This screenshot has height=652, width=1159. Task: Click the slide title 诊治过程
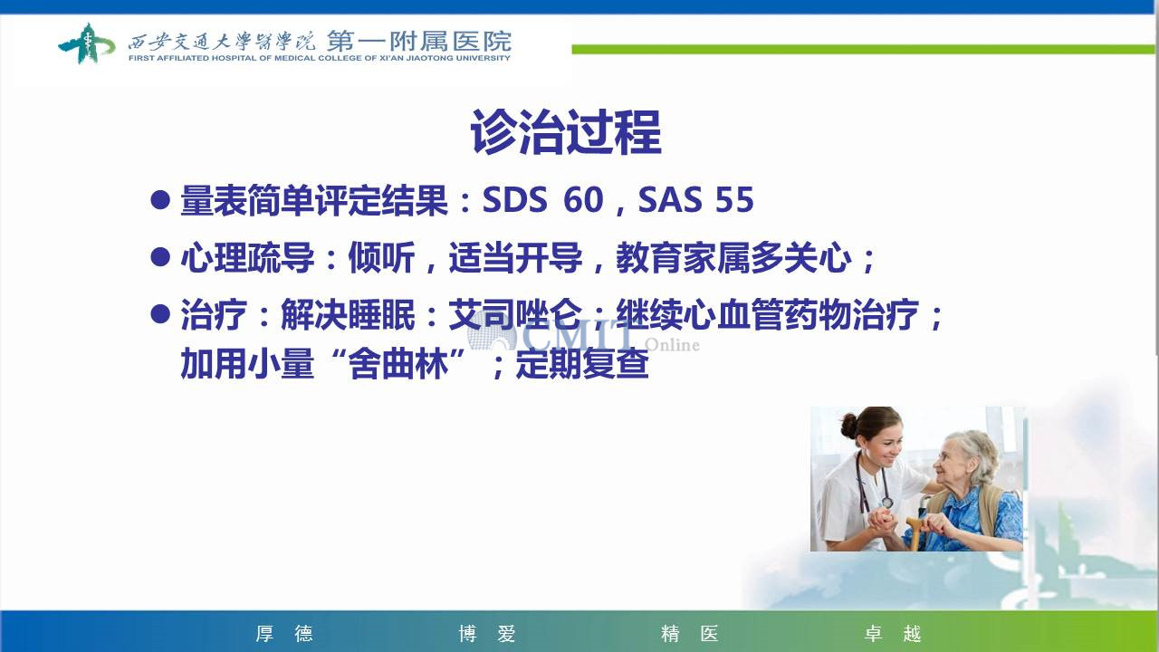tap(566, 132)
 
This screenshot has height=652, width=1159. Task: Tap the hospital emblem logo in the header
tap(86, 43)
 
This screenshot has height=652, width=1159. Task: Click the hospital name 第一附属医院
tap(419, 41)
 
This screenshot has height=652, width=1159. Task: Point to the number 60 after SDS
tap(583, 199)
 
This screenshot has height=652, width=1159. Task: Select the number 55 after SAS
tap(734, 199)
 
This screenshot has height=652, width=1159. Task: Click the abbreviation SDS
tap(514, 199)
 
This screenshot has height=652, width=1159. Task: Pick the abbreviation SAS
tap(670, 199)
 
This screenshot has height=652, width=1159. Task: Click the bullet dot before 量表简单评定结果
tap(160, 200)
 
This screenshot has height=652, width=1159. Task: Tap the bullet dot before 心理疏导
tap(160, 256)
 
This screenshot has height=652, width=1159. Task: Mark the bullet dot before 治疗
tap(160, 313)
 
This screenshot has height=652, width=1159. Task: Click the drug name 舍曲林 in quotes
tap(398, 363)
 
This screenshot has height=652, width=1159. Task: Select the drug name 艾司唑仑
tap(515, 314)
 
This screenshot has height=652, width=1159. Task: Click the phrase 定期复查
tap(582, 363)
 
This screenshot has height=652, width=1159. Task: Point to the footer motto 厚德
tap(284, 633)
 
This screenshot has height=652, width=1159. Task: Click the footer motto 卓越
tap(893, 633)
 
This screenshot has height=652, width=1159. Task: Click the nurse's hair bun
tap(849, 426)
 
